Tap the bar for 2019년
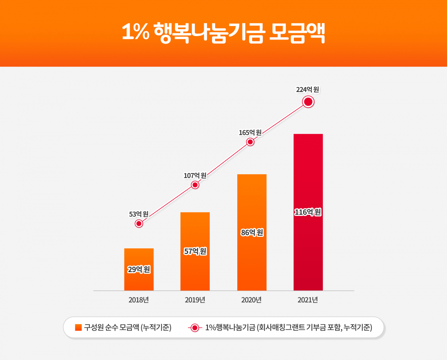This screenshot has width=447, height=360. click(195, 231)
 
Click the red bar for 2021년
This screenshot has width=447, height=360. click(308, 171)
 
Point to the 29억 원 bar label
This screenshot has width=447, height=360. click(139, 270)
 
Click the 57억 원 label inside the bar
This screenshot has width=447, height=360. click(195, 251)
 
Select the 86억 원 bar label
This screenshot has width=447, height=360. click(252, 233)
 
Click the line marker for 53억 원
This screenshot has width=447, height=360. click(139, 223)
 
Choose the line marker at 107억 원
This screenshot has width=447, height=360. click(195, 185)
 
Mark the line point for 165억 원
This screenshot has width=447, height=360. click(250, 142)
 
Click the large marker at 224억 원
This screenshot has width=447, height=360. click(308, 102)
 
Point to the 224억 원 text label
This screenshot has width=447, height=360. click(308, 89)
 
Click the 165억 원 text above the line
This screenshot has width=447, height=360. click(250, 133)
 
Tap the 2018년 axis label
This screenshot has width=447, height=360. click(139, 300)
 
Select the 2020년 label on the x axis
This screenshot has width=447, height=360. click(251, 300)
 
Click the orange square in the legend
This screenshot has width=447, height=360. click(78, 328)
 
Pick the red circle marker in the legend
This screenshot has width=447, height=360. click(195, 328)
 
